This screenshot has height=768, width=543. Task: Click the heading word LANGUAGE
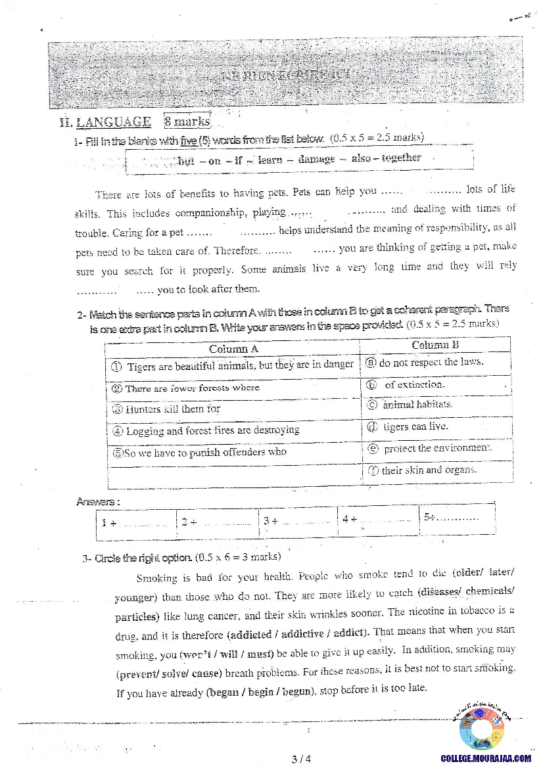(113, 122)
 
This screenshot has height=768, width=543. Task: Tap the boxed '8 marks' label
(187, 122)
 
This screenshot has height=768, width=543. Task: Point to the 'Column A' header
(233, 349)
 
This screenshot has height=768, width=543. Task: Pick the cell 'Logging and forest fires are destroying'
(212, 430)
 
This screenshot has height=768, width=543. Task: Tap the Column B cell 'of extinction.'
(413, 384)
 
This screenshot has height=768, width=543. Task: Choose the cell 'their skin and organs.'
(429, 470)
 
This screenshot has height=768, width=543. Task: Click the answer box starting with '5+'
(456, 517)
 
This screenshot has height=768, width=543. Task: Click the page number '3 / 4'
(300, 759)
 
